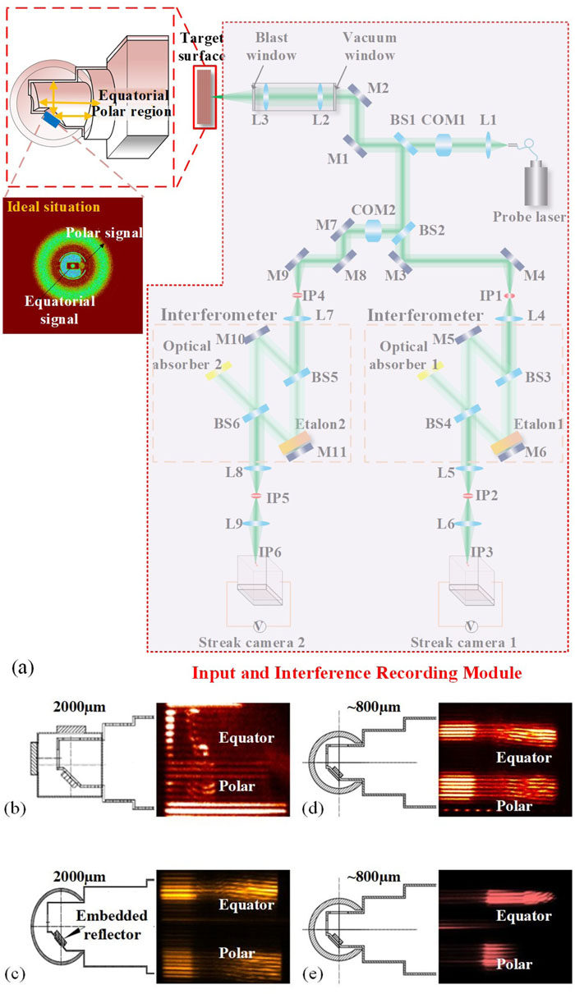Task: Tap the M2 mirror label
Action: click(x=378, y=88)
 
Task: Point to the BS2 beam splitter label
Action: click(x=431, y=230)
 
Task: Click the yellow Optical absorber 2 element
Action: click(x=218, y=370)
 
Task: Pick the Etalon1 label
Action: click(x=539, y=424)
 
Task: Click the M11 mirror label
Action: click(x=332, y=452)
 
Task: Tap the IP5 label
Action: click(x=278, y=498)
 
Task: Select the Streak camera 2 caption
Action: click(x=251, y=643)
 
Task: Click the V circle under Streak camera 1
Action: click(x=471, y=626)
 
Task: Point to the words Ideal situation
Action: click(x=53, y=207)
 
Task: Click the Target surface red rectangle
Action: click(x=205, y=97)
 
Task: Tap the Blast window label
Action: click(x=271, y=46)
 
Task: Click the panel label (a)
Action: click(x=23, y=668)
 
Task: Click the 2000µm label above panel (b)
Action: click(x=80, y=707)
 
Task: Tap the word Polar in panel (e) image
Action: click(x=513, y=964)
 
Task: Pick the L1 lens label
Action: click(x=488, y=119)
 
